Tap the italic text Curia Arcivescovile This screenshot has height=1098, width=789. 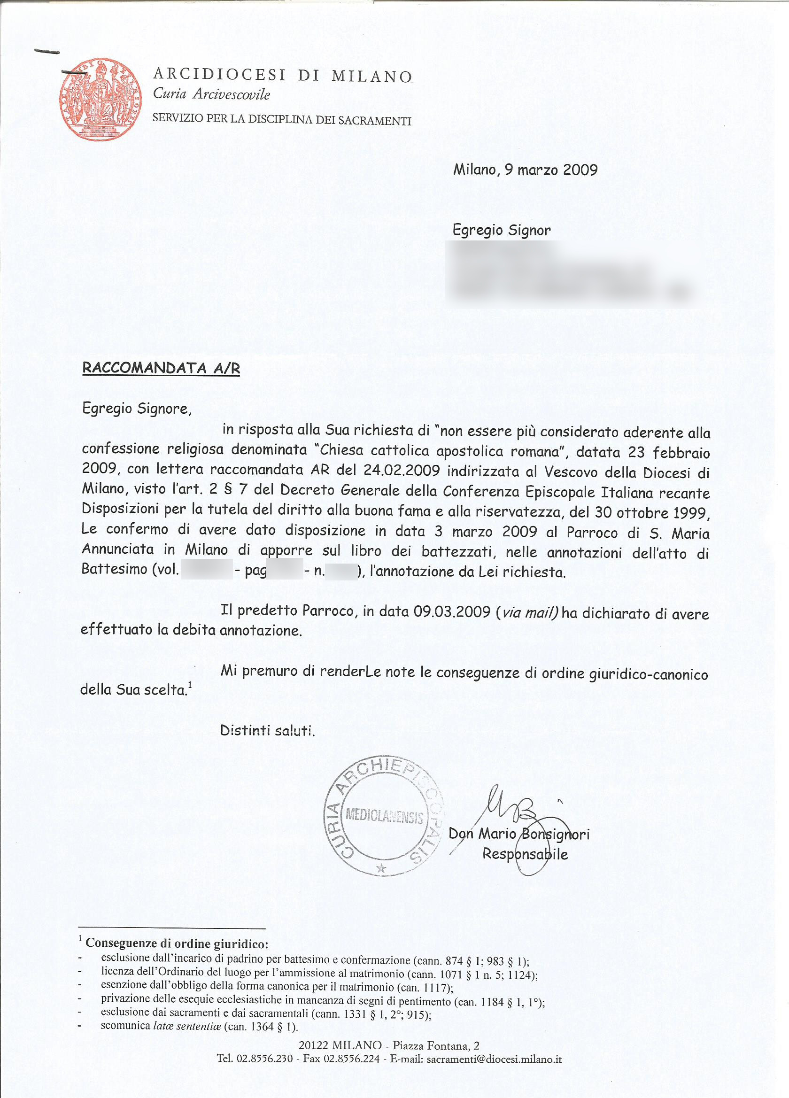(211, 94)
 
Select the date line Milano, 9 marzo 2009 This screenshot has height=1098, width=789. (525, 170)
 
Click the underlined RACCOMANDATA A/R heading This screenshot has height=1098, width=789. (161, 368)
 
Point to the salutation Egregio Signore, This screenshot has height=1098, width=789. (137, 409)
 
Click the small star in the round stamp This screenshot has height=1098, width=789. (381, 869)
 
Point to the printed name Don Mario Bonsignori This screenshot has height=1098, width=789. (519, 834)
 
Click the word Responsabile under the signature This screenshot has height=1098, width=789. (525, 854)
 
